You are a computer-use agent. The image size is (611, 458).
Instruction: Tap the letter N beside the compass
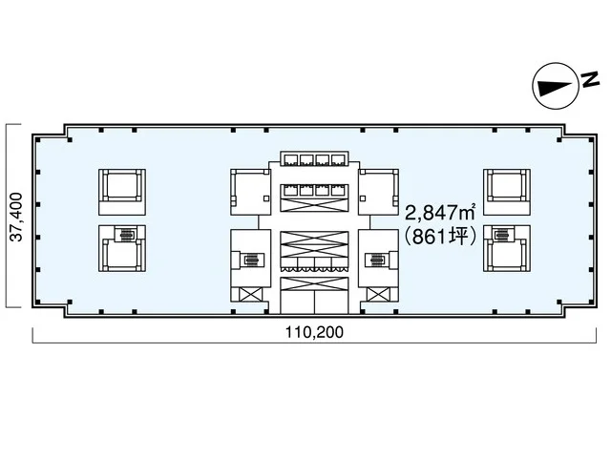(x=590, y=79)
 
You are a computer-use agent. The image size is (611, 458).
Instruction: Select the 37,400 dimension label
(x=16, y=217)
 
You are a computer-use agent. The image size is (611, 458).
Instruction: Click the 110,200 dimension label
(x=314, y=332)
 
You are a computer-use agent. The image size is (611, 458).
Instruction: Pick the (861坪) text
(x=440, y=236)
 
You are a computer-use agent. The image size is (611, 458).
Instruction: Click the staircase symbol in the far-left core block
(x=125, y=235)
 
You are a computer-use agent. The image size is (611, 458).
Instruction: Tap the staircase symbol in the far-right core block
(x=500, y=235)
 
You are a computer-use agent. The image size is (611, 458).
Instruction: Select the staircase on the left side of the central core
(x=252, y=259)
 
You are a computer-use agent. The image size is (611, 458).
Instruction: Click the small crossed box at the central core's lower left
(x=250, y=294)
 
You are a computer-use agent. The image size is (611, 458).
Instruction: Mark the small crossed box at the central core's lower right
(x=378, y=294)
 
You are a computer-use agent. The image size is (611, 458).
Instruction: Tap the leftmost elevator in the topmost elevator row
(x=291, y=159)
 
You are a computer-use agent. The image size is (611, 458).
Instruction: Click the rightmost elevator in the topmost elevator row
(x=338, y=159)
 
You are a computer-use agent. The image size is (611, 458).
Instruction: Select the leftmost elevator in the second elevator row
(x=291, y=191)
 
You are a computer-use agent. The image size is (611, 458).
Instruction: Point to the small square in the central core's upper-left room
(x=266, y=198)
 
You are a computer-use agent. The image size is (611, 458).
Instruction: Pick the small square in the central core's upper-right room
(x=363, y=198)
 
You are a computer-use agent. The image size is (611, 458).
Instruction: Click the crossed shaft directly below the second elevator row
(x=314, y=205)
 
